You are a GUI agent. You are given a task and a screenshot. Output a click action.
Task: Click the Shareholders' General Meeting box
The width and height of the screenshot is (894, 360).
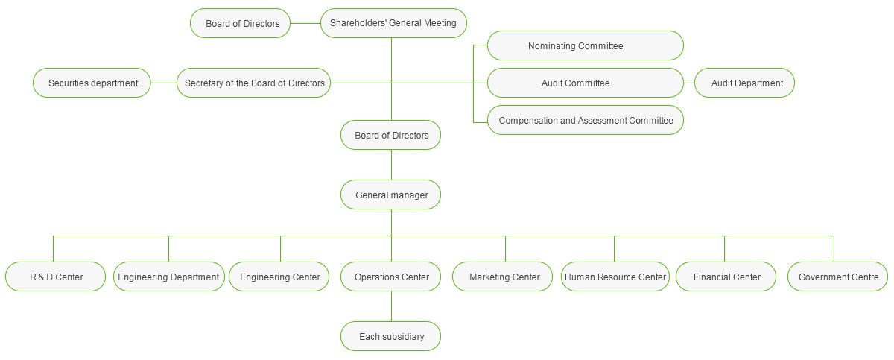point(393,23)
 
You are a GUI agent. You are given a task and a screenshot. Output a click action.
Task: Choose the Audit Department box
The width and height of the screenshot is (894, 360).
point(744,83)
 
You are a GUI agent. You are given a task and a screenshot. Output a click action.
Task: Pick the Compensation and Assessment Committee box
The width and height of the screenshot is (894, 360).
point(585,120)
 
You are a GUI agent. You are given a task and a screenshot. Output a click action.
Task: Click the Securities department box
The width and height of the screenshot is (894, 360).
point(92,83)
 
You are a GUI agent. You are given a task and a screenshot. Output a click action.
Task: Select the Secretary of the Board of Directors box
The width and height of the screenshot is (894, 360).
point(254,83)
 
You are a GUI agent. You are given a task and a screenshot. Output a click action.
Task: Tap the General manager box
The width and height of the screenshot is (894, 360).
point(391,195)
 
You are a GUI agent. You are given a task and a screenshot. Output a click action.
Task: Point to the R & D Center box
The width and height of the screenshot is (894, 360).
point(56,277)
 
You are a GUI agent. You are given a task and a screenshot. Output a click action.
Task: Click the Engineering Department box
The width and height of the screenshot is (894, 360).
point(168,277)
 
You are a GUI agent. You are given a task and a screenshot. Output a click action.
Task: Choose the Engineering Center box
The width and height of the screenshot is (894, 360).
point(279,277)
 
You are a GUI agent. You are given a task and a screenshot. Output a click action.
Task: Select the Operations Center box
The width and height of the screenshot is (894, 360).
point(391,277)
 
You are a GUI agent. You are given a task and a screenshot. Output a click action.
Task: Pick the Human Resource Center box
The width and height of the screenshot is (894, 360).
point(615,277)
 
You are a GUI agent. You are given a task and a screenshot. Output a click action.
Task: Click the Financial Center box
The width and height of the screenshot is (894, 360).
point(726,277)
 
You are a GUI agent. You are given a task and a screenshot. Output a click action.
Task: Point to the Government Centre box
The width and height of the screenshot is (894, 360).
point(837,277)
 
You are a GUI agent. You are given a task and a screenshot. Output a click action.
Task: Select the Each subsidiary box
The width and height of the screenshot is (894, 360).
point(391,336)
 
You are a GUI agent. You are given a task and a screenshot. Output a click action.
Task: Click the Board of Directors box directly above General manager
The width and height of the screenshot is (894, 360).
point(391,135)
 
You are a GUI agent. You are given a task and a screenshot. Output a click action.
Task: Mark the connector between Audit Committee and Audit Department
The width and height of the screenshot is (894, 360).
point(689,83)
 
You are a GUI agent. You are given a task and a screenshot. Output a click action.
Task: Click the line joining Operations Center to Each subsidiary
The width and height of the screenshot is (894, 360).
point(391,306)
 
